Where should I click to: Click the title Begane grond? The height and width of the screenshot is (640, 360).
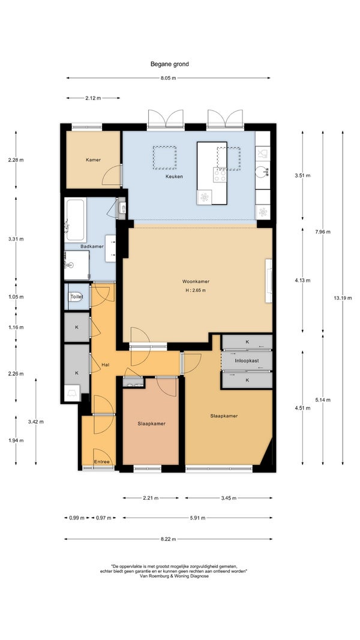click(x=169, y=64)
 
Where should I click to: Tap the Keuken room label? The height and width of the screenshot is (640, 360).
click(x=174, y=177)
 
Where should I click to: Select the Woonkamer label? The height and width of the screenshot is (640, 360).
click(x=196, y=282)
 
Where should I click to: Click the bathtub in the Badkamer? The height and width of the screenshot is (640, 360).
click(x=76, y=220)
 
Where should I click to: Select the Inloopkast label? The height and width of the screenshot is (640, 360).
click(x=247, y=361)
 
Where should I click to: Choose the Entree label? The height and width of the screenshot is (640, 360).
click(x=101, y=462)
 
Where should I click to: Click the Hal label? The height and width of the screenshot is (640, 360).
click(x=106, y=365)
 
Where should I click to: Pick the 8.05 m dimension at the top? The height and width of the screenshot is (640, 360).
click(x=168, y=78)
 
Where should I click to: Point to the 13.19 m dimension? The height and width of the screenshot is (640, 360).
click(x=343, y=298)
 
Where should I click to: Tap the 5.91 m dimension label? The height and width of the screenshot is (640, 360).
click(x=197, y=518)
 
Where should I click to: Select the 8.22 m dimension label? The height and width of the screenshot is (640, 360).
click(x=168, y=539)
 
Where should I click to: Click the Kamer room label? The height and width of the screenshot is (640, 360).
click(x=93, y=160)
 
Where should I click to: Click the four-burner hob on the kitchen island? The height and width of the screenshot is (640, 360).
click(x=220, y=175)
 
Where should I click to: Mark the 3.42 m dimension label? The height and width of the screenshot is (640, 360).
click(x=36, y=422)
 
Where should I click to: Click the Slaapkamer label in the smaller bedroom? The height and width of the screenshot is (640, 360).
click(x=151, y=423)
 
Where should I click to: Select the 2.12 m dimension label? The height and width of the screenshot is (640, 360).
click(x=93, y=98)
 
